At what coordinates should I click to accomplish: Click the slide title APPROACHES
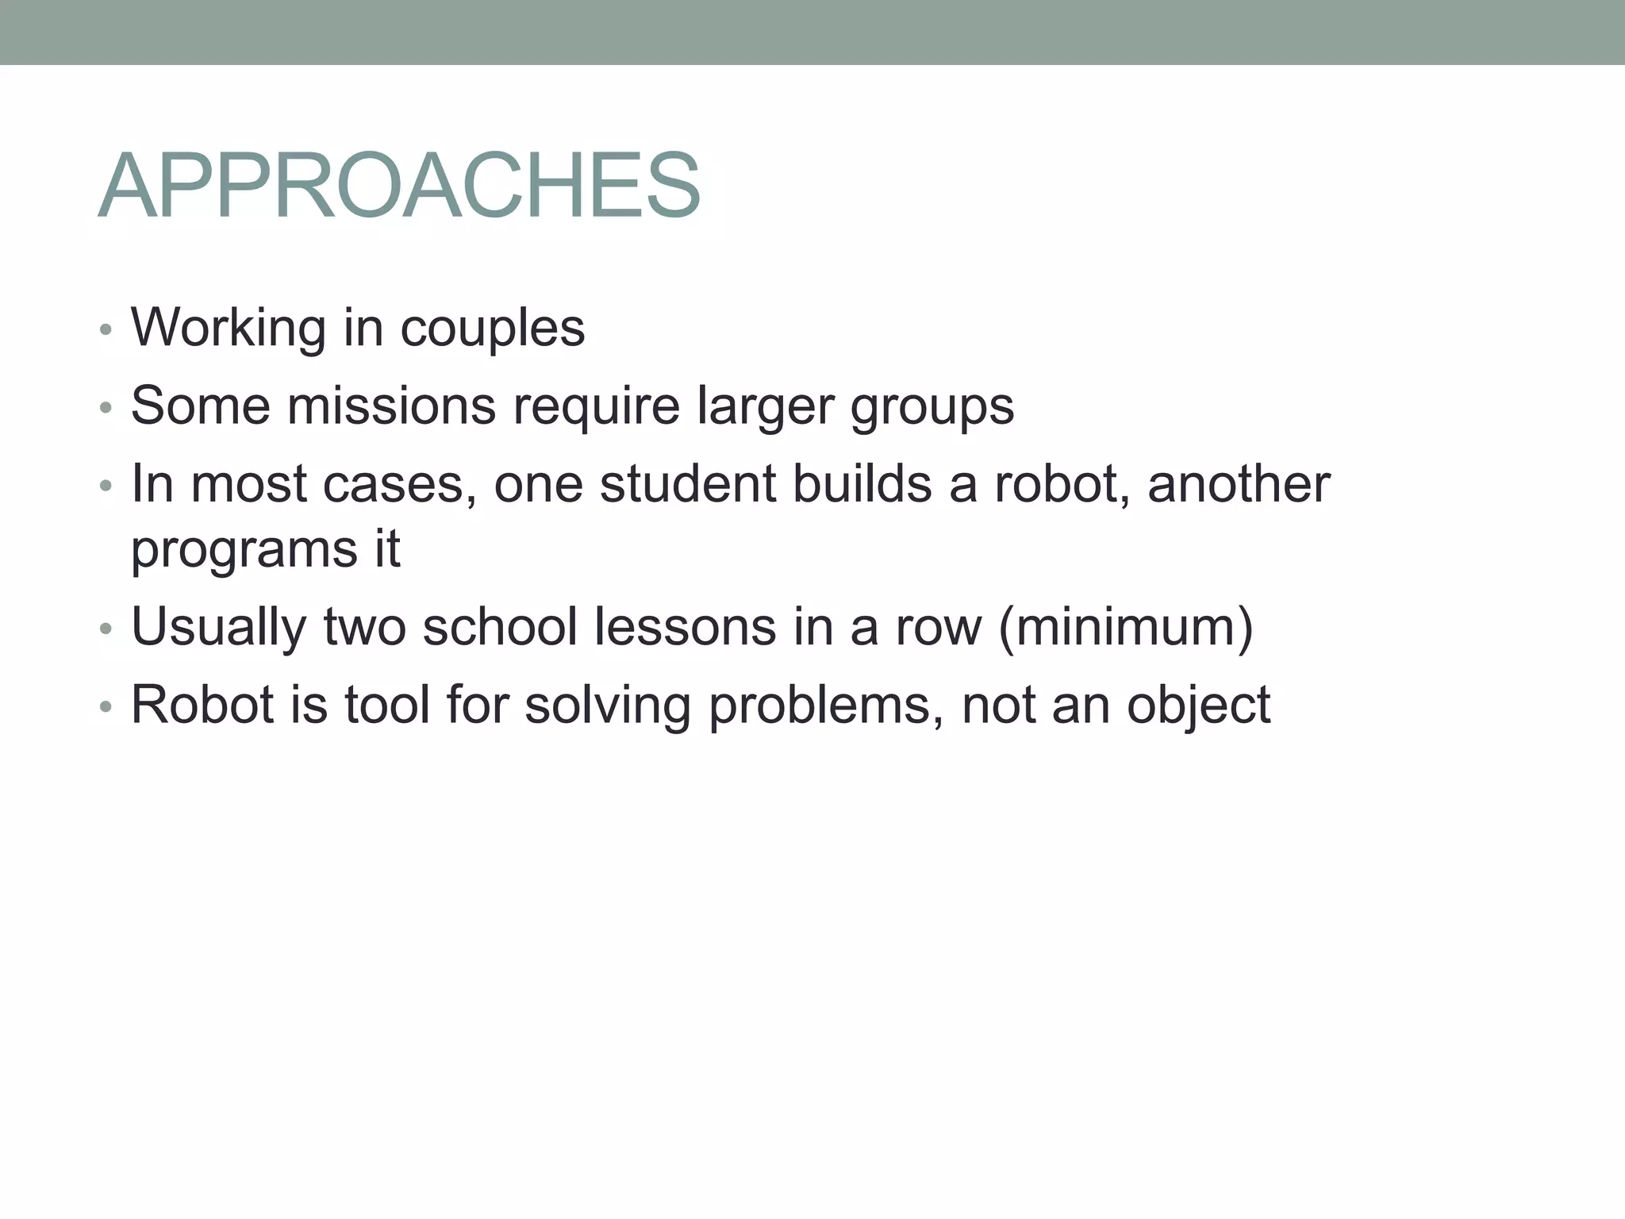pos(399,187)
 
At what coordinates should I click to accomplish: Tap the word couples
pos(492,329)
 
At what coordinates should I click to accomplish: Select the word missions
pos(390,406)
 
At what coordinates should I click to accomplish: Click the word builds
pos(862,483)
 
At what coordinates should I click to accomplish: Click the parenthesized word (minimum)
pos(1126,627)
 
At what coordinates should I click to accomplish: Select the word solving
pos(608,706)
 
